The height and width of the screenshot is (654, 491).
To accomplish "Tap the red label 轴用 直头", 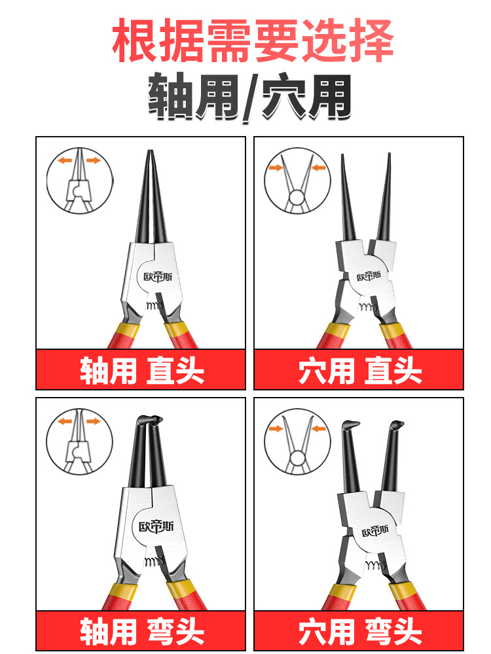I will tap(141, 371).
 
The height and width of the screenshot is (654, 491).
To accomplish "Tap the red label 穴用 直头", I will tap(359, 371).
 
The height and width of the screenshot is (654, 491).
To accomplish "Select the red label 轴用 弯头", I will tap(141, 631).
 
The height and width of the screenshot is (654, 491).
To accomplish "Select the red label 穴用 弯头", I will tap(359, 631).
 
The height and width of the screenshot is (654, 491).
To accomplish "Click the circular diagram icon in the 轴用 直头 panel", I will tap(79, 181).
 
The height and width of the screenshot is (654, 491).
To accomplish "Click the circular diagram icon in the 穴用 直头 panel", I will tap(297, 181).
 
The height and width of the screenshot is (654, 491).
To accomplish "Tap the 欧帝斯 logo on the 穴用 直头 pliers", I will tap(369, 275).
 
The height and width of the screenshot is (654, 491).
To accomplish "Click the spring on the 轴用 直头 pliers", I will tap(155, 305).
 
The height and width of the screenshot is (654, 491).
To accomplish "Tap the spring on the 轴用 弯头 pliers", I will tap(155, 561).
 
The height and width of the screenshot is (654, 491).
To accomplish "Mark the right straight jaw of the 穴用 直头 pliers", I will tap(384, 196).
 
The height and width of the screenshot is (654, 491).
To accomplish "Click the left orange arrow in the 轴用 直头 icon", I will tap(64, 160).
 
